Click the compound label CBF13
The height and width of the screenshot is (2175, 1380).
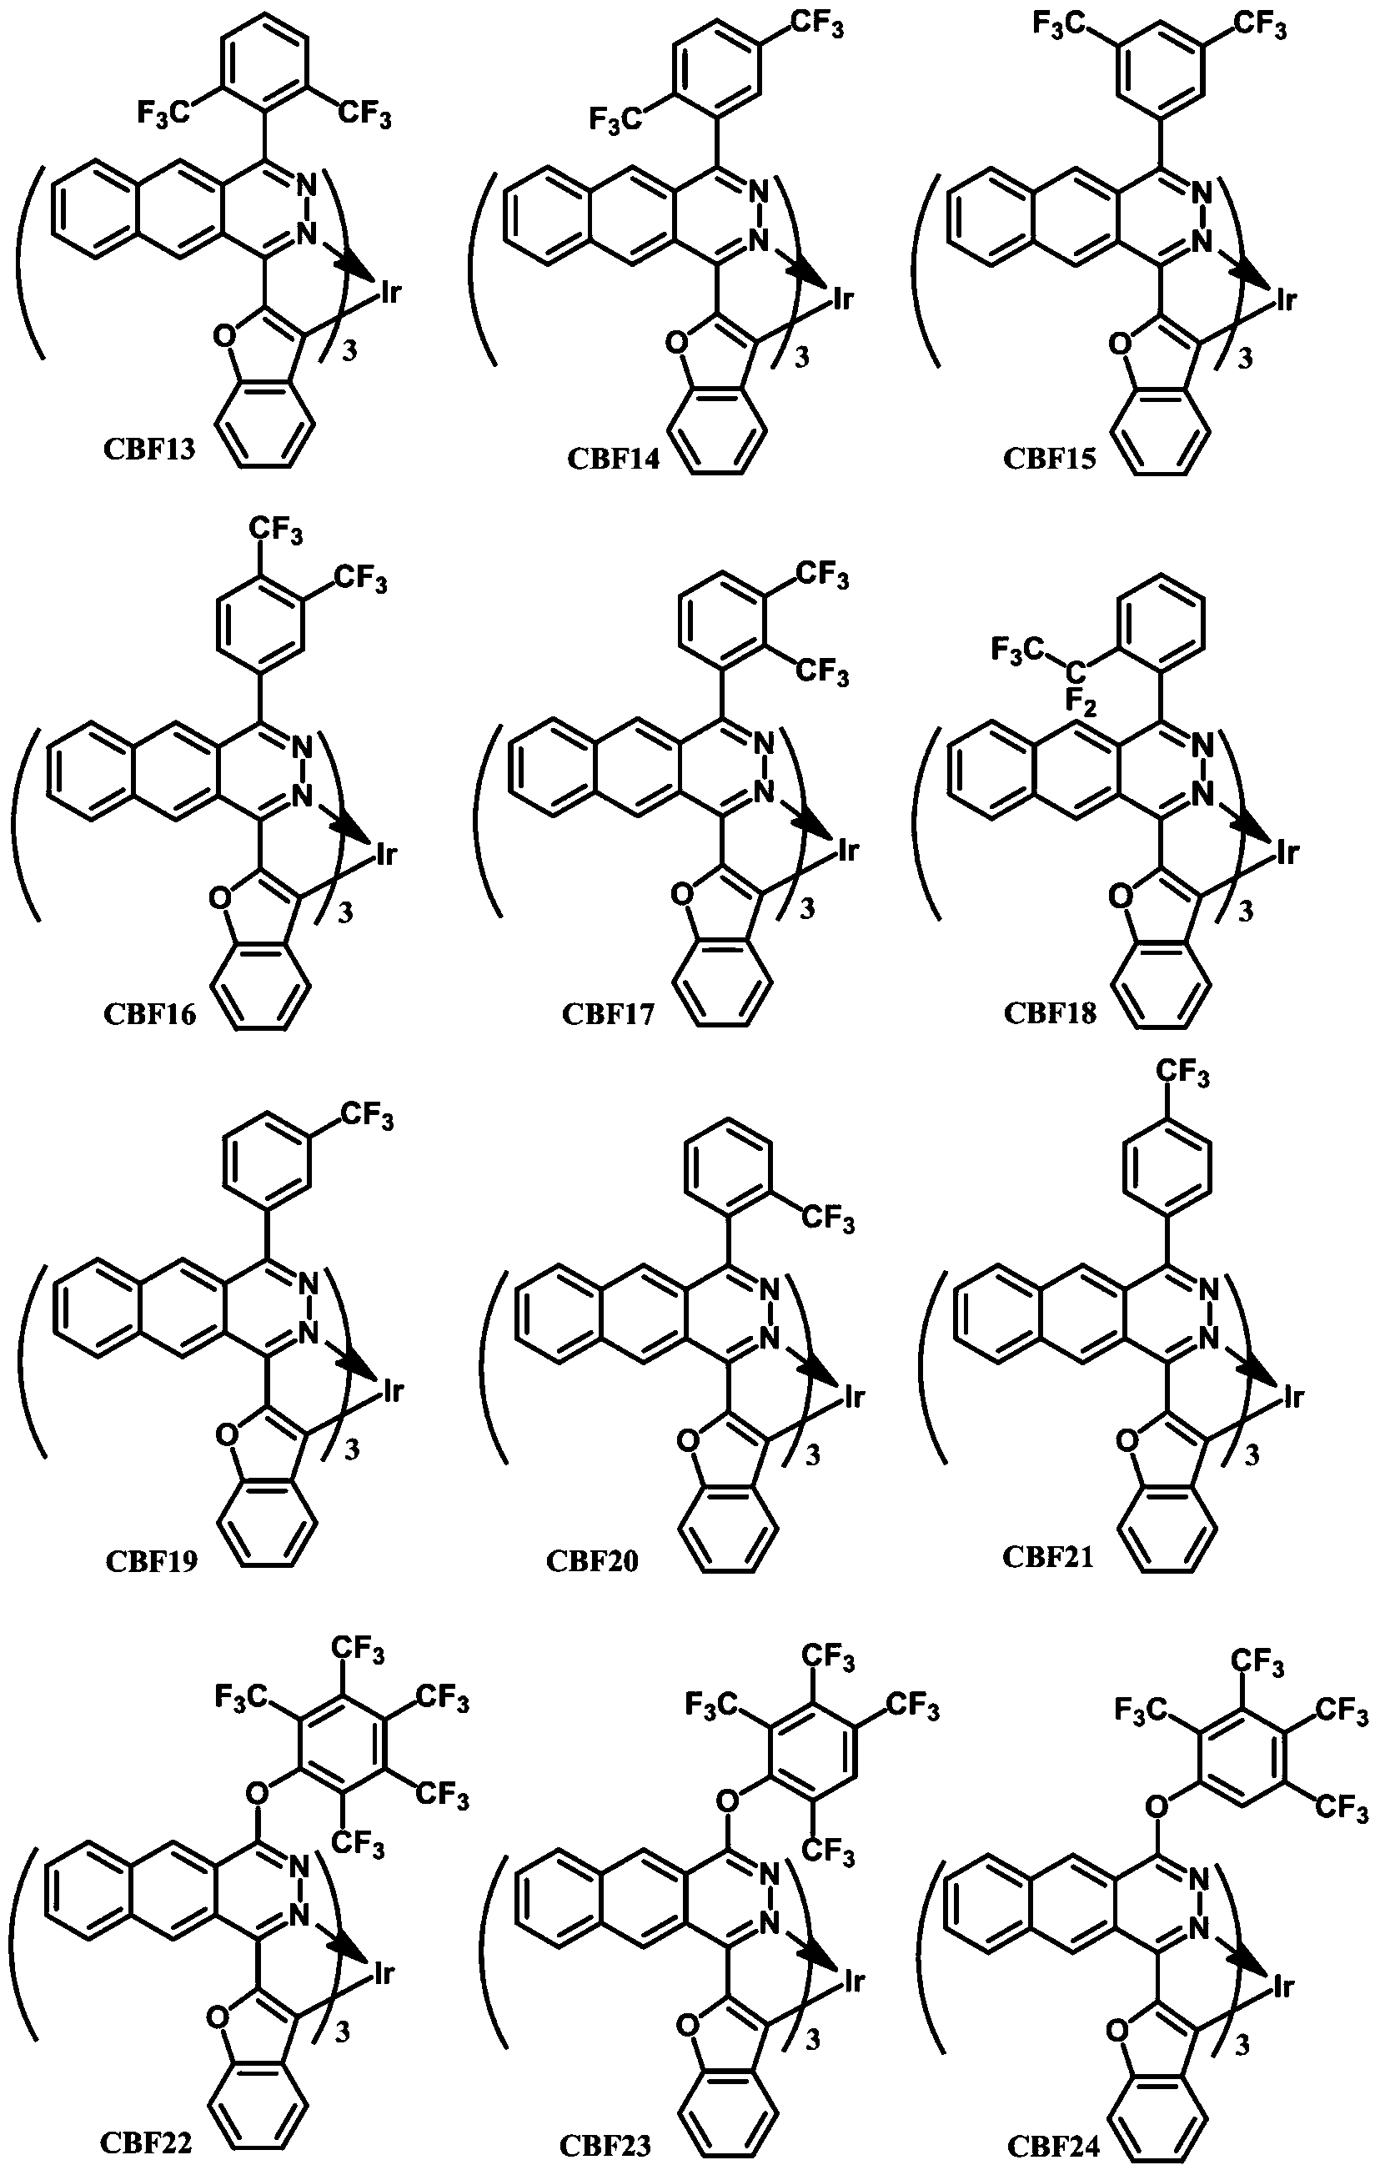[x=149, y=449]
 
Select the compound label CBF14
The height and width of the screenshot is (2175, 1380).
[x=612, y=459]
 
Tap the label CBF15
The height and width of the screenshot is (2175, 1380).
[x=1050, y=459]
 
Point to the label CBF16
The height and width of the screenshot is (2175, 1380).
[x=149, y=1013]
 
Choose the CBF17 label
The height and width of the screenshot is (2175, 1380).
[x=608, y=1013]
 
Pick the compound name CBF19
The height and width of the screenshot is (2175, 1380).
[x=151, y=1561]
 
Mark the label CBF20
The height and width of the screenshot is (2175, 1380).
[x=593, y=1561]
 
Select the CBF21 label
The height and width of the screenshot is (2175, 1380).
[x=1047, y=1556]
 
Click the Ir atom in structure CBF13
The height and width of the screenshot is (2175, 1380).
[x=389, y=293]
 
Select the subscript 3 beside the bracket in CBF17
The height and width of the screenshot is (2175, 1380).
[x=807, y=909]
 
